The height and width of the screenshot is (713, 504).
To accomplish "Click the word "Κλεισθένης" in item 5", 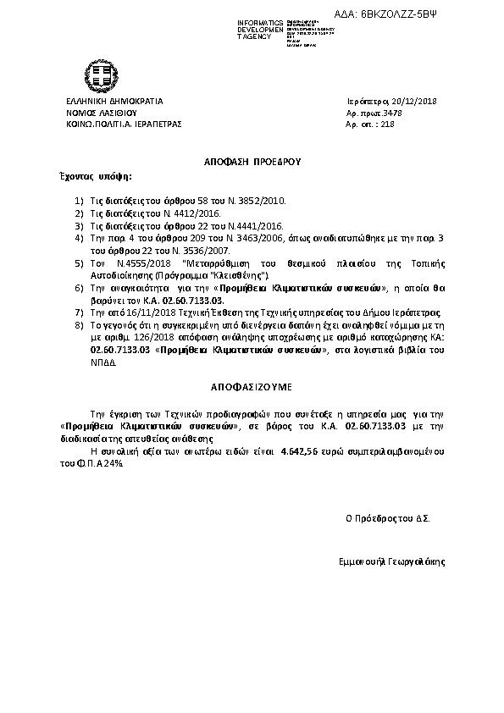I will click(241, 275).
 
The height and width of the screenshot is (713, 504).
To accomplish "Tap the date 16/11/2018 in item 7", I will click(147, 312).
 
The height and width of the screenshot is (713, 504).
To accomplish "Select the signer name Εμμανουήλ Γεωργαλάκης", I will click(390, 561).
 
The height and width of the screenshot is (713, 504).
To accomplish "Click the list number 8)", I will click(79, 324).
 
